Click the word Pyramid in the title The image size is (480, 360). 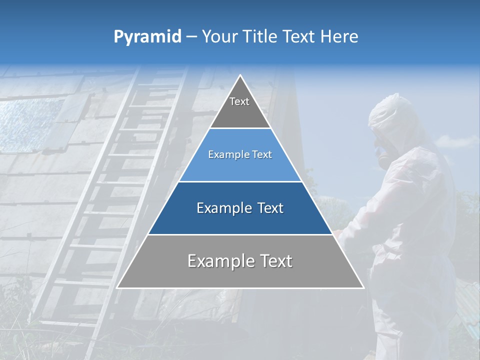pyautogui.click(x=147, y=36)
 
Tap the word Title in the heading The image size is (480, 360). pyautogui.click(x=261, y=36)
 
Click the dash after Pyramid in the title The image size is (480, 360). pyautogui.click(x=191, y=37)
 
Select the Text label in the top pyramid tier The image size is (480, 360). pyautogui.click(x=239, y=101)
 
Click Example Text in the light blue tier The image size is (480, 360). pyautogui.click(x=240, y=154)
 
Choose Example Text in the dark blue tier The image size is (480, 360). pyautogui.click(x=240, y=208)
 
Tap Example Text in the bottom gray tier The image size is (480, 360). pyautogui.click(x=240, y=261)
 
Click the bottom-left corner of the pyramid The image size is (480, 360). pyautogui.click(x=117, y=287)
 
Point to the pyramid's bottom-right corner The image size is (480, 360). pyautogui.click(x=363, y=287)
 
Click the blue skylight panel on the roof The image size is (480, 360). pyautogui.click(x=30, y=125)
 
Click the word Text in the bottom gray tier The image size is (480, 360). pyautogui.click(x=272, y=261)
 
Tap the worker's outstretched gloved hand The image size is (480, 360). pyautogui.click(x=339, y=233)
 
